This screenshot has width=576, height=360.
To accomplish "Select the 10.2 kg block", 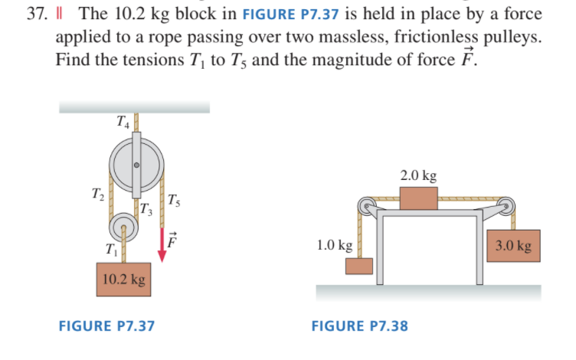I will [x=123, y=280].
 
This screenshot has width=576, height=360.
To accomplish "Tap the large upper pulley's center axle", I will [x=136, y=165].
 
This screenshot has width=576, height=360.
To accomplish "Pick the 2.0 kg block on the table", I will [x=418, y=198].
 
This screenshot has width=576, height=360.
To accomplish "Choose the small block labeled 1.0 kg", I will [x=358, y=266].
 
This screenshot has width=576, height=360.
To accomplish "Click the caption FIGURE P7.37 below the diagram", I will [x=106, y=326].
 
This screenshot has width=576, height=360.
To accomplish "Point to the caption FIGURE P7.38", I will [x=359, y=326].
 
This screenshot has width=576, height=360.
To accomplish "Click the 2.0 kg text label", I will [x=418, y=175].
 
